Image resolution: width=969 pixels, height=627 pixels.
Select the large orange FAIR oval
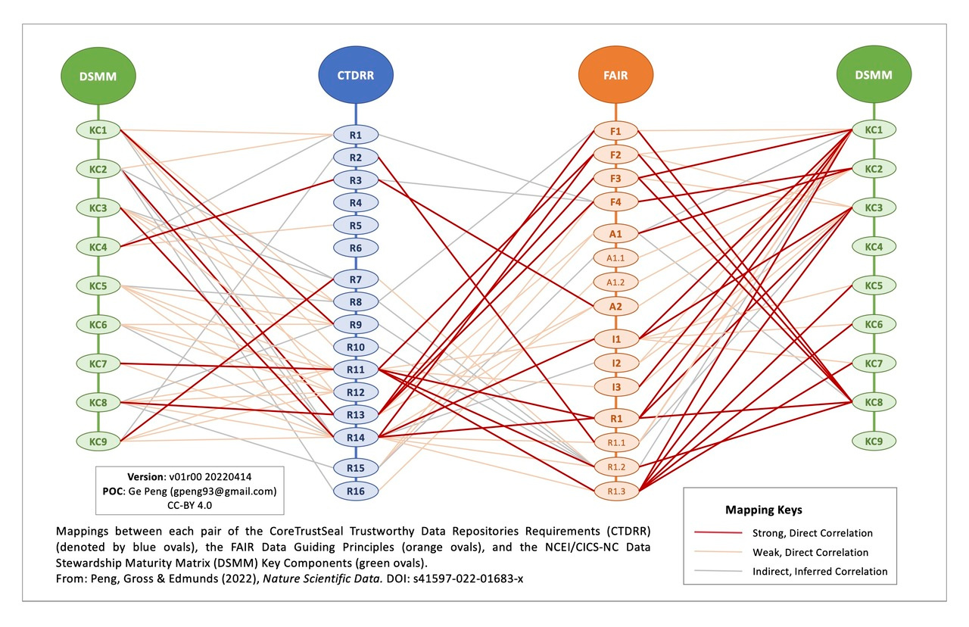click(615, 75)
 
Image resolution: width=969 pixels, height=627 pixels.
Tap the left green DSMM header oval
click(98, 75)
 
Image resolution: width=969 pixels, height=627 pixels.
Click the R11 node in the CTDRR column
click(357, 370)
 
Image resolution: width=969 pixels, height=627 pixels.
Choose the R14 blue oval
click(357, 437)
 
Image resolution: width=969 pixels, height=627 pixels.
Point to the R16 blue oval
click(357, 491)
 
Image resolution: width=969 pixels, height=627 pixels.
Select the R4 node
click(357, 203)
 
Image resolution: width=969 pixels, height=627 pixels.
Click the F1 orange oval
click(615, 131)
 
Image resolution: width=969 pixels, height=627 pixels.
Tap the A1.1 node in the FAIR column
click(615, 257)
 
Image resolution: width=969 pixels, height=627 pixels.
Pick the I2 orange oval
click(615, 363)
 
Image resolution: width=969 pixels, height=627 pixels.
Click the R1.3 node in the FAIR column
click(615, 491)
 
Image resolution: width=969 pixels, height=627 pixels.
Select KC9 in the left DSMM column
click(98, 440)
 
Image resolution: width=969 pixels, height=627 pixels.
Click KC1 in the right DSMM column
click(874, 129)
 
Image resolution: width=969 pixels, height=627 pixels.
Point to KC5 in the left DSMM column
click(98, 285)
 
